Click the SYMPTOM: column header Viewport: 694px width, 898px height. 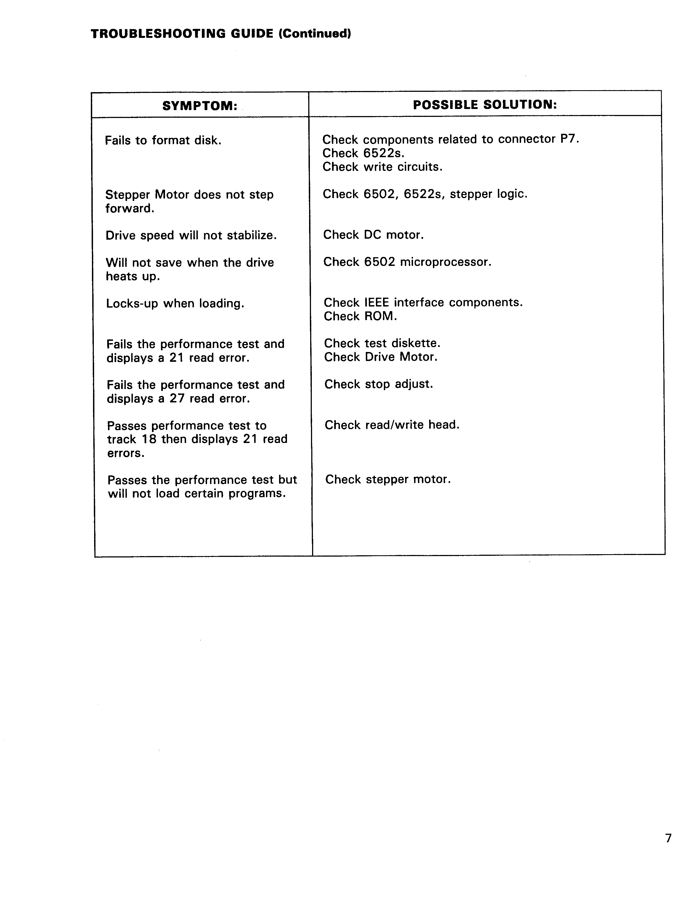pyautogui.click(x=200, y=106)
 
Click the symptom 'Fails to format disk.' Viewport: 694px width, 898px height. pyautogui.click(x=163, y=141)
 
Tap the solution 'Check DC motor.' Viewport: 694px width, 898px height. pyautogui.click(x=373, y=235)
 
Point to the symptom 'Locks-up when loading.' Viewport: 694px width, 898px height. pyautogui.click(x=175, y=304)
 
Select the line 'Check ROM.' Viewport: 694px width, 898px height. pyautogui.click(x=360, y=316)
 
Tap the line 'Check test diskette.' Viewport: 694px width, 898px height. pyautogui.click(x=382, y=343)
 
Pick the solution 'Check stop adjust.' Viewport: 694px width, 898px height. pyautogui.click(x=379, y=384)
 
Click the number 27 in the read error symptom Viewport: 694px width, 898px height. pyautogui.click(x=177, y=398)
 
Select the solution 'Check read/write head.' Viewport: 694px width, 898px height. pyautogui.click(x=392, y=425)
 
